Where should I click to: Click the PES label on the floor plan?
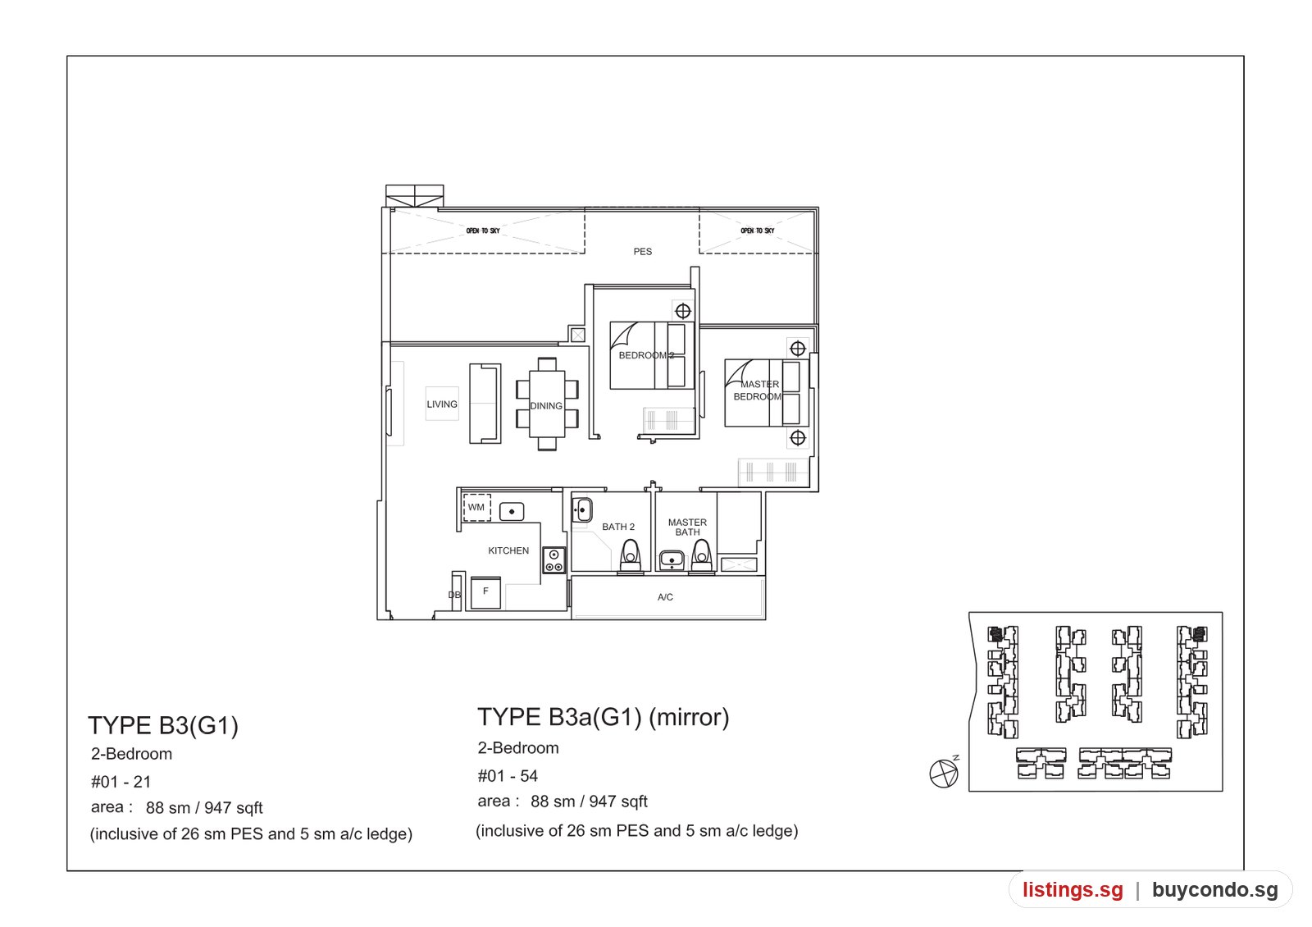(x=643, y=251)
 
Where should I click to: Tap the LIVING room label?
(x=442, y=404)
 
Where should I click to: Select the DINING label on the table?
(x=546, y=405)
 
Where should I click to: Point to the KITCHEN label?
(x=508, y=550)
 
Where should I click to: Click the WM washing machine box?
(x=476, y=508)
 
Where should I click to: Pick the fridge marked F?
(x=485, y=592)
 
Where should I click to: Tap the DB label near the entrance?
(x=454, y=595)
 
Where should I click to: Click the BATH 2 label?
(x=618, y=527)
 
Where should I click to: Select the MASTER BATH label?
(x=687, y=527)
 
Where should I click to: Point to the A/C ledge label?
(x=665, y=597)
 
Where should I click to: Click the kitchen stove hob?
(x=553, y=560)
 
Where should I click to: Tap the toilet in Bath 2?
(x=631, y=555)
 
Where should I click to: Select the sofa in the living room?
(x=485, y=403)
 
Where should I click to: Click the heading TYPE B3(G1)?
(x=163, y=725)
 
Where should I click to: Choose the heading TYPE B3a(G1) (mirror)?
(x=604, y=717)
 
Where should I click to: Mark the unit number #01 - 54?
(x=508, y=776)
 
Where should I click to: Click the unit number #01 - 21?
(x=121, y=782)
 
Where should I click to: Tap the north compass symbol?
(x=944, y=772)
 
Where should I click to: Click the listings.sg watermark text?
(x=1073, y=889)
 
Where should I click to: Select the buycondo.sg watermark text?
(x=1214, y=889)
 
